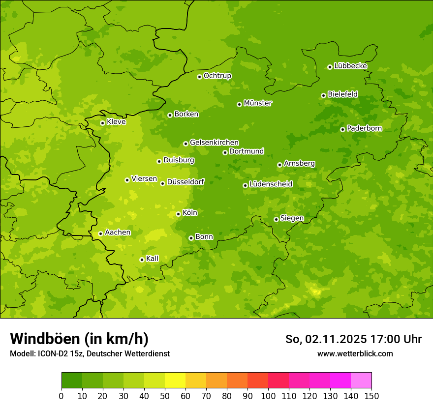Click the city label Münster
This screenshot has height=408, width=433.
[x=258, y=103]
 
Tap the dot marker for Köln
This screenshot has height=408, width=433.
[x=178, y=214]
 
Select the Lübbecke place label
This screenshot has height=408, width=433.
[x=350, y=66]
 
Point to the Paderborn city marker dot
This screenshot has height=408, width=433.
[x=342, y=129]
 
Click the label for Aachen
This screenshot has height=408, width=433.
[x=118, y=233]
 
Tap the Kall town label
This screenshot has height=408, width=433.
[x=153, y=259]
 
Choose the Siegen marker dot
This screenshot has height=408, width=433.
[x=276, y=219]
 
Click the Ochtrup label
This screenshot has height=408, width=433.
[x=217, y=76]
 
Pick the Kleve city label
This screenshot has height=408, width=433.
[x=116, y=122]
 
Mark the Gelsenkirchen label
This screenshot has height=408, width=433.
[x=214, y=143]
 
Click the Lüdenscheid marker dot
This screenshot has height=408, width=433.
[x=245, y=185]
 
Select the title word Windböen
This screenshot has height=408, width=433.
[x=45, y=339]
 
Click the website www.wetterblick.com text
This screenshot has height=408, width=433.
[x=355, y=353]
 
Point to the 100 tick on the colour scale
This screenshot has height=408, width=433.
[x=268, y=396]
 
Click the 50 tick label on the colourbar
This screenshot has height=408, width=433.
[x=165, y=396]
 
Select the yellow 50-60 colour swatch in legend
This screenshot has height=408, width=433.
[x=175, y=380]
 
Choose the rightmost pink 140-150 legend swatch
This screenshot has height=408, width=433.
[x=361, y=380]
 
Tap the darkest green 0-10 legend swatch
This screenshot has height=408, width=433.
[x=72, y=380]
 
